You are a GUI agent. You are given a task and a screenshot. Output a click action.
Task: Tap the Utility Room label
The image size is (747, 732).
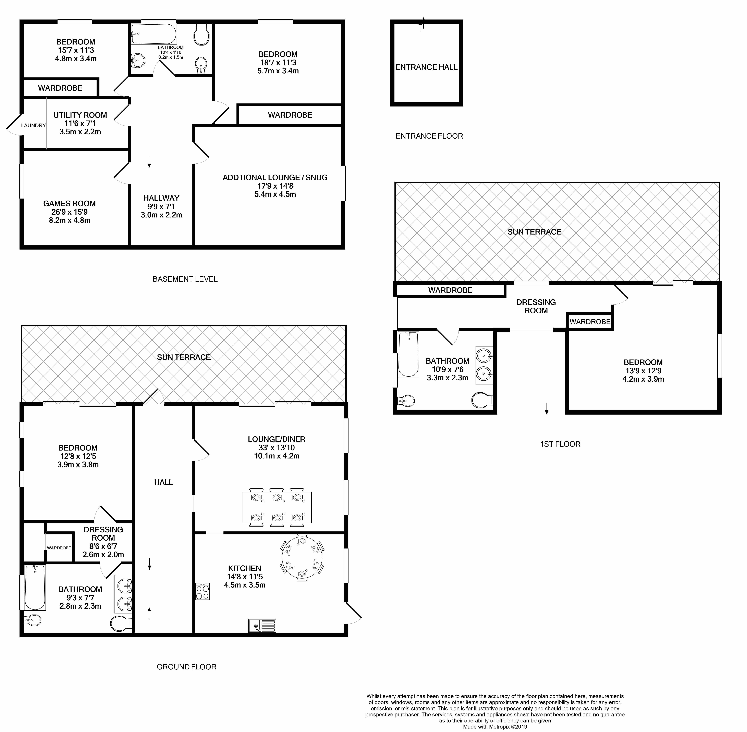point(80,115)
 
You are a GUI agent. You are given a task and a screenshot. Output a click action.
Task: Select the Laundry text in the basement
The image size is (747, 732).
point(34,125)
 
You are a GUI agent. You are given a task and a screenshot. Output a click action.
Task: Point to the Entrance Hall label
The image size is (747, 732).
point(426,67)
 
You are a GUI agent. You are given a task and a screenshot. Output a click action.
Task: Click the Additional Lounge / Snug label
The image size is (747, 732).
point(275,178)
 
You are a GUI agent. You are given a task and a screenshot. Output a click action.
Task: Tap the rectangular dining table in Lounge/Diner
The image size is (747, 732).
point(277,507)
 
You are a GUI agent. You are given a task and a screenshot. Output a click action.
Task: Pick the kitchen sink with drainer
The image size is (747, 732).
point(262,626)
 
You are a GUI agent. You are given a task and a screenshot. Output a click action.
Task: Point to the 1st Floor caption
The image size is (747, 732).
point(560,444)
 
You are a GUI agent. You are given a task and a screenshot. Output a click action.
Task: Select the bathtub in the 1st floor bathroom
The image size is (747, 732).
point(408,354)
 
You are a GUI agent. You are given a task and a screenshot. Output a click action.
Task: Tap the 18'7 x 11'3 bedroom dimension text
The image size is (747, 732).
point(278,63)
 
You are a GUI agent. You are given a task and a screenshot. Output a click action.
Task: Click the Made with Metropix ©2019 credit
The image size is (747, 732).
point(495,727)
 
